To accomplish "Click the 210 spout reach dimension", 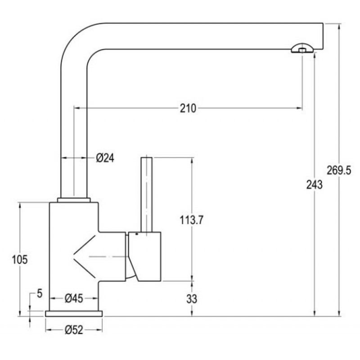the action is point(188,108).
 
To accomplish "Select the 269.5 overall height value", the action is point(339,171).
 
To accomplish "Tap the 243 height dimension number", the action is point(314,184).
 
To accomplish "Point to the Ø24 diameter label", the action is point(105,158).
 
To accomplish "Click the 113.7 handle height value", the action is point(192,220).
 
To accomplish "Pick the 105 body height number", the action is point(20,260).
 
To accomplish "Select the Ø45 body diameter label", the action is point(74,298).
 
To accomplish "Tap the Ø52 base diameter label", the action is point(74,330).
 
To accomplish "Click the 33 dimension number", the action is point(192,299).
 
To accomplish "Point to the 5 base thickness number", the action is point(40,293).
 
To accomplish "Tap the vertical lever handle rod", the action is point(146,195).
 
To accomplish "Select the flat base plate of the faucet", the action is point(74,314).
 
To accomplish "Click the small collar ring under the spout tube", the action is point(74,200).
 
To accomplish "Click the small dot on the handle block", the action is point(137,234).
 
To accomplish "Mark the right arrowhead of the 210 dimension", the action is point(299,108).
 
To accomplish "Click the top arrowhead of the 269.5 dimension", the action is point(339,26).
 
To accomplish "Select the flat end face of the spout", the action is point(323,36).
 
